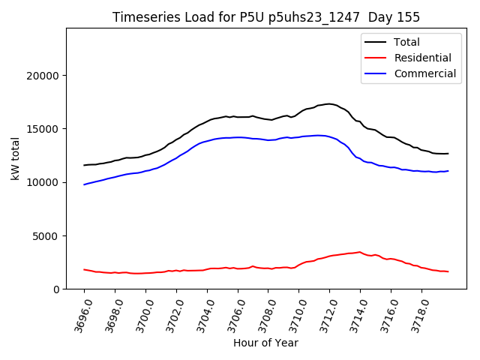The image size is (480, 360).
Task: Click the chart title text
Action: coord(266,17)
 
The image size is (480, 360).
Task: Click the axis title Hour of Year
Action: coord(265,343)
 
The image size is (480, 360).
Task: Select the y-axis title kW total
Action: coord(16,158)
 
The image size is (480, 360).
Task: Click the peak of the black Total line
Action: coord(328,103)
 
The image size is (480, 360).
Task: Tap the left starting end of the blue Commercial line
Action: coord(85,184)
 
